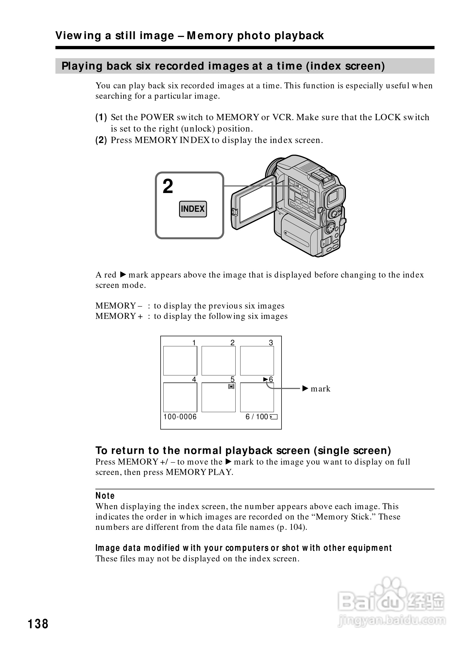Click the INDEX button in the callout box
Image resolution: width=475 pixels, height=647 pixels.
(x=193, y=209)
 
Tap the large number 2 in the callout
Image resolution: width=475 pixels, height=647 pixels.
(x=168, y=186)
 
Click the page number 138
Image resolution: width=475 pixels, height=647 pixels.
(x=38, y=624)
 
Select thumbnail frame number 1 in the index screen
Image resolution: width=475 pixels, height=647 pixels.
(x=180, y=360)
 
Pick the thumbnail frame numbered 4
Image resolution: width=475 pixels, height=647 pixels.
(x=180, y=397)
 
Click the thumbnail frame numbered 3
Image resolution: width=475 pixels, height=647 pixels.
(x=257, y=360)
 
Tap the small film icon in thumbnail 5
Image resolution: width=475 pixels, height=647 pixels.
(x=231, y=387)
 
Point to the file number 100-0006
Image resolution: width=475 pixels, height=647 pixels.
(x=180, y=417)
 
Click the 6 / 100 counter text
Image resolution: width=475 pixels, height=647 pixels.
(x=257, y=417)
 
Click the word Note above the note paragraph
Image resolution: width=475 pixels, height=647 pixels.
(x=105, y=496)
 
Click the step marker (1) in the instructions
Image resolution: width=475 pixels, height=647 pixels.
(x=101, y=117)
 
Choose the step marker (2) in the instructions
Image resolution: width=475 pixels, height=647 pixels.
(x=101, y=140)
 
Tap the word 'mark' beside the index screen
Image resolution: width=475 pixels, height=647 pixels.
(x=321, y=389)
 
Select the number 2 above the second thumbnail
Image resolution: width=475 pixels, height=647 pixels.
(x=232, y=343)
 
